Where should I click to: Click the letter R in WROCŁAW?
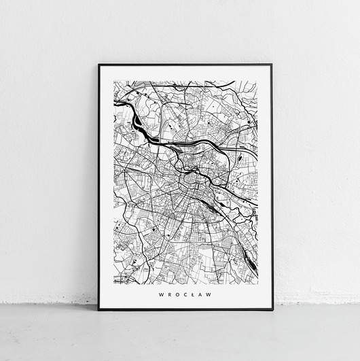click(168, 294)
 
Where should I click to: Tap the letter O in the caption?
click(177, 294)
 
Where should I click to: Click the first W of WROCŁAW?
click(160, 294)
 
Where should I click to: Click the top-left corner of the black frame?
click(98, 65)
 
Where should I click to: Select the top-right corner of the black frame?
click(272, 65)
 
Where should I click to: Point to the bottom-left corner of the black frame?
click(98, 309)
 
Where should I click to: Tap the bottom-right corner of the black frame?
click(272, 309)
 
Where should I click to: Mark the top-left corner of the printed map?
click(113, 81)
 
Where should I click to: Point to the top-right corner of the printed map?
click(257, 81)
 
